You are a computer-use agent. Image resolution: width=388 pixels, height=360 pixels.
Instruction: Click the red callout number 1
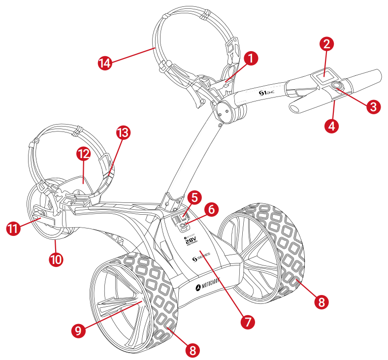251,59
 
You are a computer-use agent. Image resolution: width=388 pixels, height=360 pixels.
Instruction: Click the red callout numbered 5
194,198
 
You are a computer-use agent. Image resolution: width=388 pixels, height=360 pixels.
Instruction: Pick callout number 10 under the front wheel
57,259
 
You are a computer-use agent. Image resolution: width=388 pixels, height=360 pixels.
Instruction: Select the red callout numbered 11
13,229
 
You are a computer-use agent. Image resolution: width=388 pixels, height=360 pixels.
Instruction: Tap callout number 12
83,154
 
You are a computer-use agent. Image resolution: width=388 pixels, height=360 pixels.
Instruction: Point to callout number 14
104,63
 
